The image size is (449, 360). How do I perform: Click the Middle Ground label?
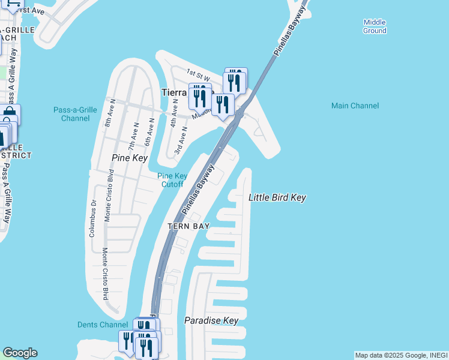(x=375, y=26)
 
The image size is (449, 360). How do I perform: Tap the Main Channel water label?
(x=355, y=106)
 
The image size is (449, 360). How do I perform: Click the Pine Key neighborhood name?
(x=130, y=157)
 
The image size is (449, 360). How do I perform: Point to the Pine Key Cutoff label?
(x=172, y=180)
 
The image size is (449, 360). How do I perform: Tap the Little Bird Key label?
(x=277, y=197)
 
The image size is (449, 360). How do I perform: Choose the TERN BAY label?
(x=188, y=226)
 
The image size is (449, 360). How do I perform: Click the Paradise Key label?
(x=211, y=320)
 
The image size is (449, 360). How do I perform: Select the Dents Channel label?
(x=103, y=325)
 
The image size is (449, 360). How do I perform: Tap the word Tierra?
(x=175, y=92)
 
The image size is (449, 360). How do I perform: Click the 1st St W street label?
(x=197, y=75)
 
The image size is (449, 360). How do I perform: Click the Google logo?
(x=20, y=353)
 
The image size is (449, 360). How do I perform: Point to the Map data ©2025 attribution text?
(x=400, y=355)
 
